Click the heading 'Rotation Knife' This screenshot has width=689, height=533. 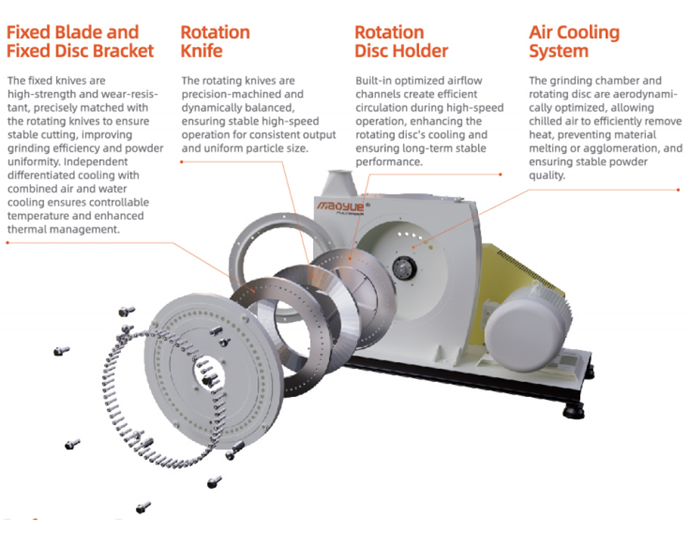[215, 41]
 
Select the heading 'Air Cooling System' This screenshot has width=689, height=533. [575, 41]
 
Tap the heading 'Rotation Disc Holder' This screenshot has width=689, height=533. [401, 41]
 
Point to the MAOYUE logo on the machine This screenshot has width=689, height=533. [340, 207]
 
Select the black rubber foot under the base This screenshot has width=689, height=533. [574, 411]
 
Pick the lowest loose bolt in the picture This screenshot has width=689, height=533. [143, 507]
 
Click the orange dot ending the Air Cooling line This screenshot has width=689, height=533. [679, 190]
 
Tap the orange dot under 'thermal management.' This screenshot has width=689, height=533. [8, 242]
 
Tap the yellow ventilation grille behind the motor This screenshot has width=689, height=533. [523, 268]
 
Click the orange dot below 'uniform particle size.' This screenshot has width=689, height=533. [181, 162]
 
